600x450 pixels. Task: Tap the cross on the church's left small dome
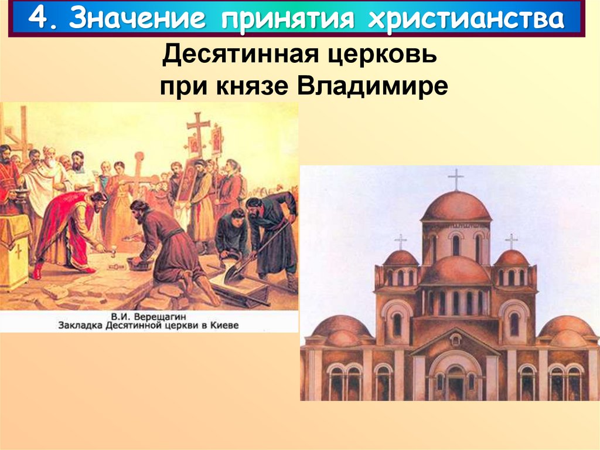[x=401, y=241]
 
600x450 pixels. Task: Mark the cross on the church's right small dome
[x=511, y=241]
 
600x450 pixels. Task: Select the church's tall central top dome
[x=455, y=207]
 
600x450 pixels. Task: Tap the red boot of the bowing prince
[x=37, y=271]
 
